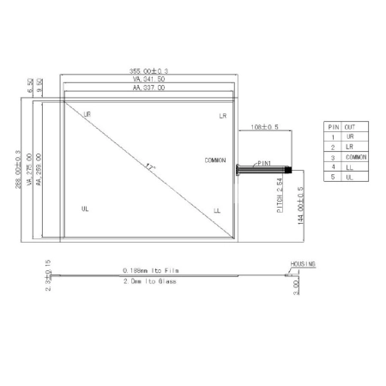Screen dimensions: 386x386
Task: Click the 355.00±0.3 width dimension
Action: [x=149, y=72]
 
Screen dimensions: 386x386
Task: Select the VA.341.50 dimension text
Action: [x=149, y=80]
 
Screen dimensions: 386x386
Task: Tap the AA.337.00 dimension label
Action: [x=149, y=87]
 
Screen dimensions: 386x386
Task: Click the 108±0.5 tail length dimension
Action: [x=264, y=127]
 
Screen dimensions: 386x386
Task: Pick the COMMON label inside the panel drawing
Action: [x=216, y=160]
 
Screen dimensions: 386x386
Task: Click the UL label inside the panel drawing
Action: [x=85, y=208]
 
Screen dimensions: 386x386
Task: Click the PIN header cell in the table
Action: [x=334, y=126]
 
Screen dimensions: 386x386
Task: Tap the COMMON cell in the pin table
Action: [x=356, y=158]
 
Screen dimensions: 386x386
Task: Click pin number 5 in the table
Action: [x=334, y=178]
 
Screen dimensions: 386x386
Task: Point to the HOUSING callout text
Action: [x=302, y=264]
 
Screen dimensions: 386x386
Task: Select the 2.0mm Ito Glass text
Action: [x=149, y=280]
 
